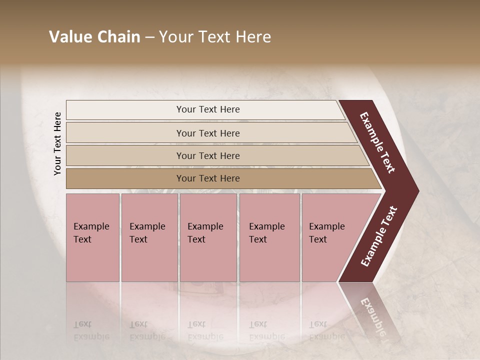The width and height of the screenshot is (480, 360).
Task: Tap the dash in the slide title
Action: [149, 37]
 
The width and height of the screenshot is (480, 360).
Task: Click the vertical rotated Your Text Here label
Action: [57, 143]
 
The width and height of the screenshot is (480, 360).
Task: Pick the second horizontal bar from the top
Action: [208, 133]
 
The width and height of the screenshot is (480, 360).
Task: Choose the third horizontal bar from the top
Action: [208, 155]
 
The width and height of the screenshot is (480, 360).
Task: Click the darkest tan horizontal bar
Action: [208, 178]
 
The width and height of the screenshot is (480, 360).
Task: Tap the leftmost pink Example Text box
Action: [92, 237]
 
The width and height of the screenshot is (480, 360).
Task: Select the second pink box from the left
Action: [149, 237]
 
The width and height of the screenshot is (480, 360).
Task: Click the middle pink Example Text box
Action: [208, 237]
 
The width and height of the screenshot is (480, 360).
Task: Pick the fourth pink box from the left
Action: [269, 237]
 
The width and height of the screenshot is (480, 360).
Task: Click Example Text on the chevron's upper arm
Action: [377, 142]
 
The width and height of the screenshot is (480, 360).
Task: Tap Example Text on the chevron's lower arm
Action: [379, 236]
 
